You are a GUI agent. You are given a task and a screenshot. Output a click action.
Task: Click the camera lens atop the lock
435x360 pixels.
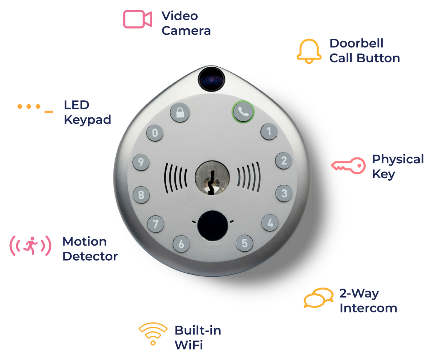point(211,79)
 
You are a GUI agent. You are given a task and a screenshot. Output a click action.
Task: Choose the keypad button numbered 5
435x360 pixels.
point(245,243)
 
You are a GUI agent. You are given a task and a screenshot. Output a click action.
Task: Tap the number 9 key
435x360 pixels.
point(141,163)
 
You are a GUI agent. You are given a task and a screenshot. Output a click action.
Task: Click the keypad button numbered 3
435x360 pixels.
point(284,194)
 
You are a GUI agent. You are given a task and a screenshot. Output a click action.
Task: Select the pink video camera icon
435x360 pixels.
point(137,19)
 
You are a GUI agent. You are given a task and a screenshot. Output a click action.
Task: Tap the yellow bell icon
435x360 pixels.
point(309,51)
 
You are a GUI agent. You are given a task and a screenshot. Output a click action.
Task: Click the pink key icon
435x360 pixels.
point(348,166)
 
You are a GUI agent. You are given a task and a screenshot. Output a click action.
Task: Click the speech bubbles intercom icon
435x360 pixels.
point(318,298)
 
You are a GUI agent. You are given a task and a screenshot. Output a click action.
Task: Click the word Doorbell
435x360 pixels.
point(356,43)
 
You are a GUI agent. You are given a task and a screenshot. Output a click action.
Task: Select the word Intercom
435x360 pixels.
point(368,308)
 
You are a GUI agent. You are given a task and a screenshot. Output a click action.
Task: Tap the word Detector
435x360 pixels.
point(90,256)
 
